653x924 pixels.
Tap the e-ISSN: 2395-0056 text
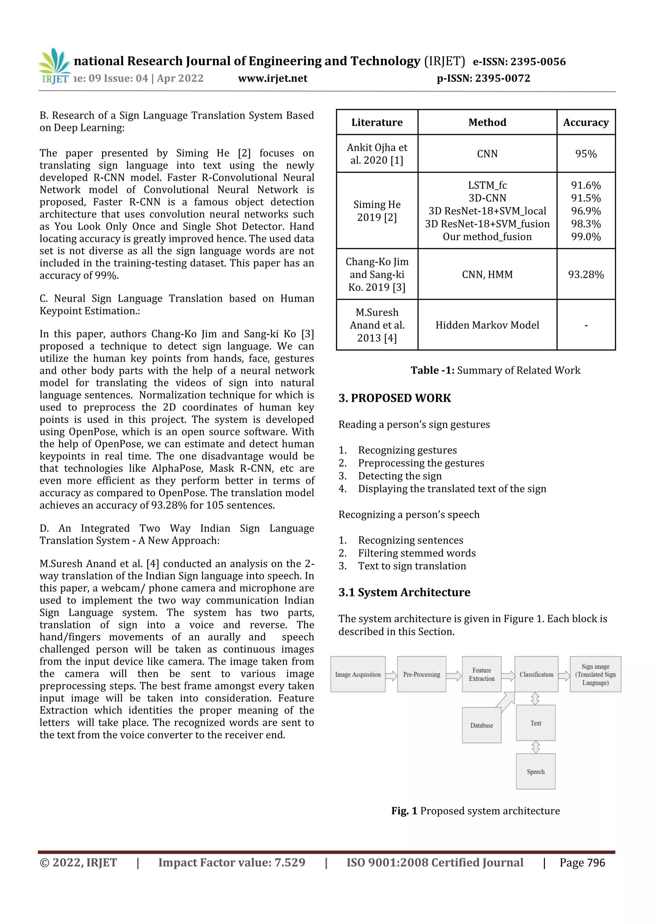(x=519, y=62)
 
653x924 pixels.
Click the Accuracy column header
(x=585, y=122)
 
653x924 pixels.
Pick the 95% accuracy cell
(x=585, y=154)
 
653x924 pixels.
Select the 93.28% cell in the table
(x=585, y=275)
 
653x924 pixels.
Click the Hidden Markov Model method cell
(x=487, y=325)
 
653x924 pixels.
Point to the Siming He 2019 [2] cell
(x=377, y=211)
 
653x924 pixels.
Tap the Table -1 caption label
(x=432, y=370)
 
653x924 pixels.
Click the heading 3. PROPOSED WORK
(x=394, y=398)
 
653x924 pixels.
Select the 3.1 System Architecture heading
(x=404, y=592)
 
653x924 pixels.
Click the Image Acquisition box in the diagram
(x=358, y=675)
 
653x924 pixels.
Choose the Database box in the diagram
(x=481, y=725)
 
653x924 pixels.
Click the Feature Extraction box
(x=481, y=675)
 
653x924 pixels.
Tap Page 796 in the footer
(x=582, y=862)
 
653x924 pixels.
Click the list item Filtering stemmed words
(x=416, y=553)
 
